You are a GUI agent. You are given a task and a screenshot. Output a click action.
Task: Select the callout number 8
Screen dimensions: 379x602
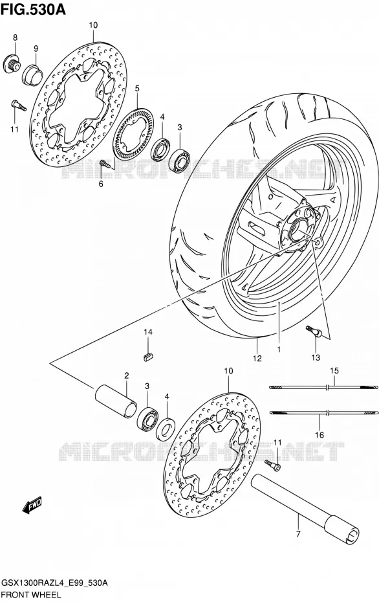click(x=16, y=38)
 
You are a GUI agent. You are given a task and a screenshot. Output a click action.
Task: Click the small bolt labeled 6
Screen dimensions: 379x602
click(x=105, y=164)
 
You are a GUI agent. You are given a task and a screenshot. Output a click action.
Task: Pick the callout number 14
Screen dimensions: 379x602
click(x=149, y=331)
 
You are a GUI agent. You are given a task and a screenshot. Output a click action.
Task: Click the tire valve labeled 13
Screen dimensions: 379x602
click(x=314, y=332)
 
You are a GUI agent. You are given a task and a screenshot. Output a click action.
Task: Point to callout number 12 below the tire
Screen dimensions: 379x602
click(x=257, y=358)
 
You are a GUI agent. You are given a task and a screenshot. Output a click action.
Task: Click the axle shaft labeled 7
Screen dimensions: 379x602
click(x=306, y=506)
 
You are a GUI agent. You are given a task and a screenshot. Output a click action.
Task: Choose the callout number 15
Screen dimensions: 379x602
click(x=334, y=370)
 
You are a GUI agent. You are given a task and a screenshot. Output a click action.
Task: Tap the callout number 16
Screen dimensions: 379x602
click(x=319, y=435)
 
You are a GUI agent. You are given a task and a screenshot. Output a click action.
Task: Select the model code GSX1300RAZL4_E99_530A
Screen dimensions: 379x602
click(x=55, y=584)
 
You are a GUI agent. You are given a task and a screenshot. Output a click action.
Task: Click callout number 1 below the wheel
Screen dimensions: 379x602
click(x=279, y=350)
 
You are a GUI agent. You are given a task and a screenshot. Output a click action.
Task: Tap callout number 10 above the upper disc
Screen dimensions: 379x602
click(x=93, y=25)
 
